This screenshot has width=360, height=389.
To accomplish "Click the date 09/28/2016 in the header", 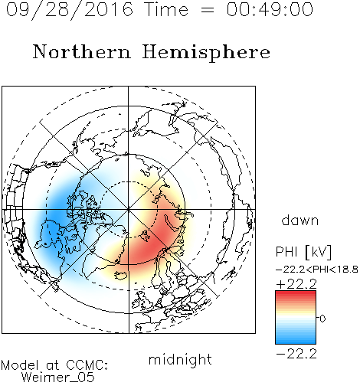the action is (x=70, y=10).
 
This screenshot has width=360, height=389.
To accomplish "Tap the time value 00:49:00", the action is (x=270, y=9).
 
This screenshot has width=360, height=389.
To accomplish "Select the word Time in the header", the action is (x=166, y=9).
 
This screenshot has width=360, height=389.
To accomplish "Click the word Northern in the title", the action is (x=82, y=51).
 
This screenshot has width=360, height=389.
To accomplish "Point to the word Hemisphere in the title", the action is (x=206, y=53).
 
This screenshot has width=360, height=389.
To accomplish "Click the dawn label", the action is (x=300, y=221).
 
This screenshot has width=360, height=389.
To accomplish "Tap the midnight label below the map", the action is (x=180, y=359).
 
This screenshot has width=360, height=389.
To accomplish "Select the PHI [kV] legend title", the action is (x=303, y=252).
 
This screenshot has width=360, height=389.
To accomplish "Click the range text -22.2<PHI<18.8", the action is (x=317, y=270).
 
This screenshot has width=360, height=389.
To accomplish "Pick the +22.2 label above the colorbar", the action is (x=296, y=284).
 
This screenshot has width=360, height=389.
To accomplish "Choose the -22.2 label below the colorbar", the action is (x=296, y=354).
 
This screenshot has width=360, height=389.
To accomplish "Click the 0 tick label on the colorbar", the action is (x=322, y=319).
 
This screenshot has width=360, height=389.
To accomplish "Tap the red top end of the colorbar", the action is (x=296, y=293).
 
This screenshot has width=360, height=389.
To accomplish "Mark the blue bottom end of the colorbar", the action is (x=296, y=342).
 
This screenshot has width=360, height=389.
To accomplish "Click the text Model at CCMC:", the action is (x=54, y=365).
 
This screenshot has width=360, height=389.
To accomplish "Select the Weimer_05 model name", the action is (x=58, y=378).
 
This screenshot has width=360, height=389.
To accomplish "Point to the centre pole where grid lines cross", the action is (x=129, y=209).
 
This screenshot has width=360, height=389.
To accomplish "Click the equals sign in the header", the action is (x=207, y=10).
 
